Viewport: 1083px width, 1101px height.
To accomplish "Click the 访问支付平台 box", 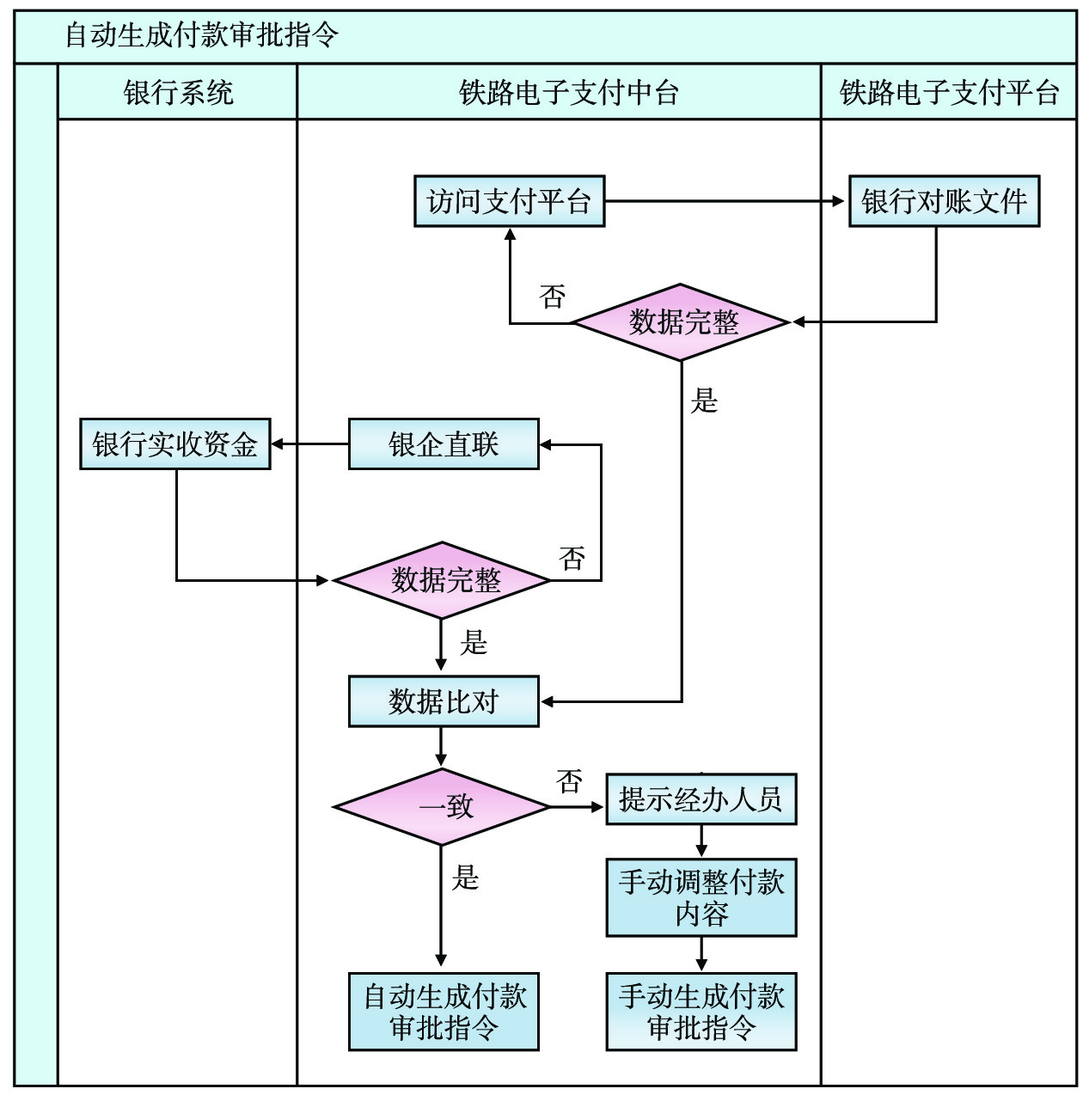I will tap(509, 202).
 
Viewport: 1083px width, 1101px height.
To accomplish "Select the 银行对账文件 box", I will tap(944, 202).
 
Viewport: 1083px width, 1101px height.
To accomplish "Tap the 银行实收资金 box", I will tap(175, 444).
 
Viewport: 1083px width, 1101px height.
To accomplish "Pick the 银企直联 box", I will tap(444, 444).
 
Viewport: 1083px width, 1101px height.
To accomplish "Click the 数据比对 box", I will tap(444, 701).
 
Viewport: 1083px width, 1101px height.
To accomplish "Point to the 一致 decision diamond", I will tap(442, 806).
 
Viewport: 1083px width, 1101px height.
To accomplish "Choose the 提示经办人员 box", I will tap(701, 799).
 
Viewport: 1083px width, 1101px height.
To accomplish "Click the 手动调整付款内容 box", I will tap(701, 897).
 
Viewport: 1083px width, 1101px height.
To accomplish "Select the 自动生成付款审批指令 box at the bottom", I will tap(444, 1012).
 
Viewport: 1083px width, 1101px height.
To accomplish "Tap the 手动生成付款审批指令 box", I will tap(701, 1012).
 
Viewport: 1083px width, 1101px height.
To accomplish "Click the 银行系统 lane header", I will tap(178, 92).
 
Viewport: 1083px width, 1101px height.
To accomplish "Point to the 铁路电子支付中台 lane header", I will tap(560, 92).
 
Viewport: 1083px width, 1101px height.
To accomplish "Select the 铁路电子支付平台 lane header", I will tap(949, 92).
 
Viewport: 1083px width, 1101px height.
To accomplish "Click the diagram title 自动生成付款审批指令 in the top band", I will tap(203, 36).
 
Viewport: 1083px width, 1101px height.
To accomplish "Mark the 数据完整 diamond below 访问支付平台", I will tap(682, 322).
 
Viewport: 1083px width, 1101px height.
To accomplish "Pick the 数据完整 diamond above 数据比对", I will tap(442, 580).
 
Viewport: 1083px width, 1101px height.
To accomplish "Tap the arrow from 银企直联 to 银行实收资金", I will tap(309, 444).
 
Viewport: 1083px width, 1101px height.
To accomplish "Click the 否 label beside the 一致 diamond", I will tap(569, 781).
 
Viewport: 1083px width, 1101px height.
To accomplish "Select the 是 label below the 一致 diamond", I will tap(465, 878).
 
